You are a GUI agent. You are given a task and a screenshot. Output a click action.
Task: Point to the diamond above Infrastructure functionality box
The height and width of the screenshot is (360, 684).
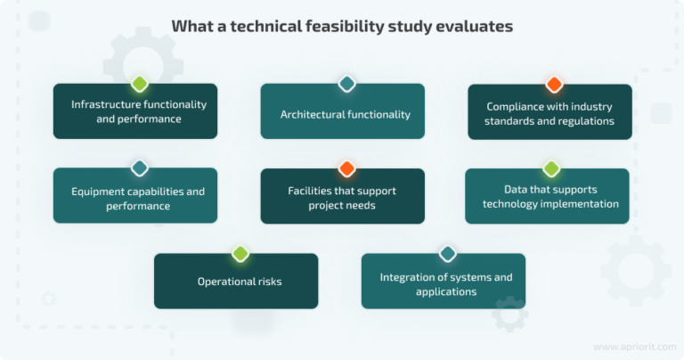click(139, 85)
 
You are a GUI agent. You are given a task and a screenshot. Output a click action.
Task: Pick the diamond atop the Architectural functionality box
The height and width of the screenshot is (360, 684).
click(346, 85)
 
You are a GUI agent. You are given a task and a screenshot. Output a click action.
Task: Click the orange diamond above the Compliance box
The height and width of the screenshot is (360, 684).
click(554, 85)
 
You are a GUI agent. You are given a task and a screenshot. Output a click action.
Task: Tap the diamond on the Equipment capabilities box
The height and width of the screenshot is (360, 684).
click(139, 168)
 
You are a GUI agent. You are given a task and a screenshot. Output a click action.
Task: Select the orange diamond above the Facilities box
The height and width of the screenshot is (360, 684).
click(346, 168)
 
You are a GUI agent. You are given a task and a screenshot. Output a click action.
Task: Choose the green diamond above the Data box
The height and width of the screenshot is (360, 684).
click(550, 168)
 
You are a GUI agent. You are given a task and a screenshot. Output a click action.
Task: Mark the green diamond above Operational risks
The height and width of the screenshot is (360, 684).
click(240, 254)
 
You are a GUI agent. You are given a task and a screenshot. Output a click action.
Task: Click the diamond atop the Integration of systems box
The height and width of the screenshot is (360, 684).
click(447, 254)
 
